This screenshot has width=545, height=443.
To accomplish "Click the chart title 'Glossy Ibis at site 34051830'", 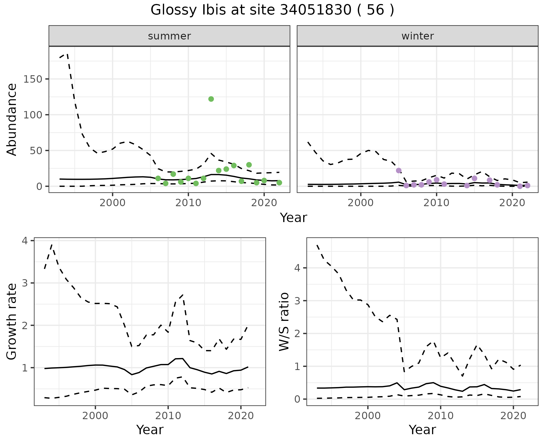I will [272, 10].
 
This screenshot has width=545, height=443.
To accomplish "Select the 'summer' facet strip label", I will [169, 36].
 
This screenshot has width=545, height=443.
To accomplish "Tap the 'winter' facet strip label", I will [418, 36].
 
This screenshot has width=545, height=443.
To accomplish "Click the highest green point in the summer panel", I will [211, 99].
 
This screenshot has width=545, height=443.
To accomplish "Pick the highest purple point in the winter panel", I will [399, 170].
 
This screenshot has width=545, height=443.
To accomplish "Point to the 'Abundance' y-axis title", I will [12, 120].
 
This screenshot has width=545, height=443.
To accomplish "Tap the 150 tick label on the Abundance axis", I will [33, 79].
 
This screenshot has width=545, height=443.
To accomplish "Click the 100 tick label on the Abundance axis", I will [33, 115].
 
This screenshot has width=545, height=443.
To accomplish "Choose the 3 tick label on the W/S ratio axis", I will [297, 301].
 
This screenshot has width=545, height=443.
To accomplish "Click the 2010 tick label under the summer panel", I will [188, 203].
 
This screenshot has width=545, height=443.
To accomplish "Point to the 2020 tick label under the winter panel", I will [512, 203].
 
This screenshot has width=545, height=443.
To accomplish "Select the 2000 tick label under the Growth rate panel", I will [95, 416].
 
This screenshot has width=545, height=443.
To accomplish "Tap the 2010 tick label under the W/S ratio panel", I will [440, 416].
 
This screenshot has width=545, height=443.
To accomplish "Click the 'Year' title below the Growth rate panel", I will [150, 430].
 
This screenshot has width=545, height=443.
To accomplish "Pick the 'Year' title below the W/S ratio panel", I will [422, 430].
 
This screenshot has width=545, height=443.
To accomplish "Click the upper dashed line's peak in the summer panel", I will [67, 53].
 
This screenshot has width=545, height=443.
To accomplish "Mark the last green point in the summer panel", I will [279, 183].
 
